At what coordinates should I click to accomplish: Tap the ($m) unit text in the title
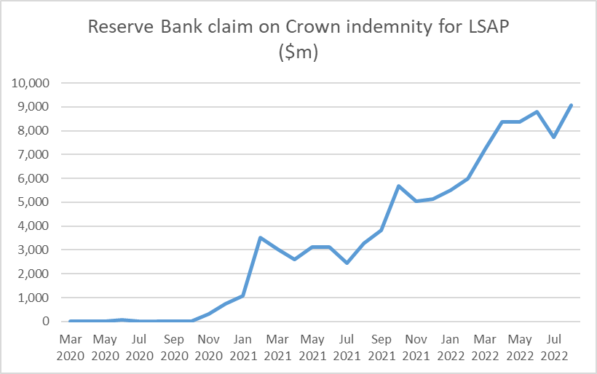(x=298, y=53)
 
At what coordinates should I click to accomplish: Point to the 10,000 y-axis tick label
(x=31, y=83)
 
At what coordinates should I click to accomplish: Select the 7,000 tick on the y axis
(x=34, y=154)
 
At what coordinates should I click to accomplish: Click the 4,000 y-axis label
(x=34, y=226)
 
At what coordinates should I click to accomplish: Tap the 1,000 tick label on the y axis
(x=34, y=298)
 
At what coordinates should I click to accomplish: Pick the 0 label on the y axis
(x=45, y=322)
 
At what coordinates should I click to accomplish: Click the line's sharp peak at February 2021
(x=261, y=237)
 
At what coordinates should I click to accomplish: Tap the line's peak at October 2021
(x=399, y=186)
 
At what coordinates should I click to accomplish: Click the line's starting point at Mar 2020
(x=71, y=321)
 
